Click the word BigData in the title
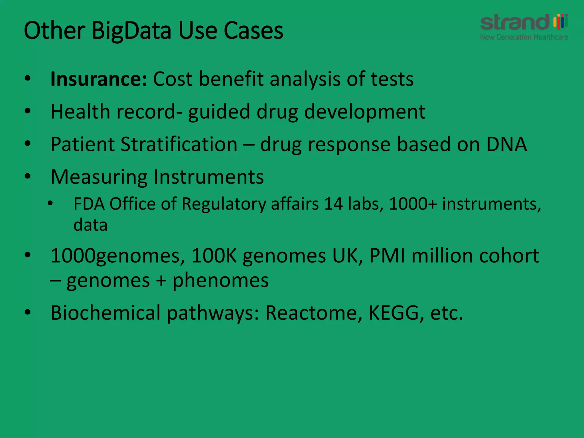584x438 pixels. pos(132,31)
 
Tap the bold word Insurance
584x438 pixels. pos(99,79)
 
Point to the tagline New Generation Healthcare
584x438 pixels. pos(524,37)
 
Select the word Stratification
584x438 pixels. pos(179,144)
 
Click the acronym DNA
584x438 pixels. pos(506,144)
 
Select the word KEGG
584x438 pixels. pos(394,313)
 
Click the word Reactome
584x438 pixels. pos(311,313)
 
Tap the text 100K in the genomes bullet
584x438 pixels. pos(214,255)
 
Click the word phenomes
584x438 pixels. pos(220,280)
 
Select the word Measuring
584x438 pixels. pos(99,177)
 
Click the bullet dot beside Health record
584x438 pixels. pos(28,111)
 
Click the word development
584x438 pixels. pos(365,112)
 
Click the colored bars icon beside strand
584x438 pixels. pos(560,21)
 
